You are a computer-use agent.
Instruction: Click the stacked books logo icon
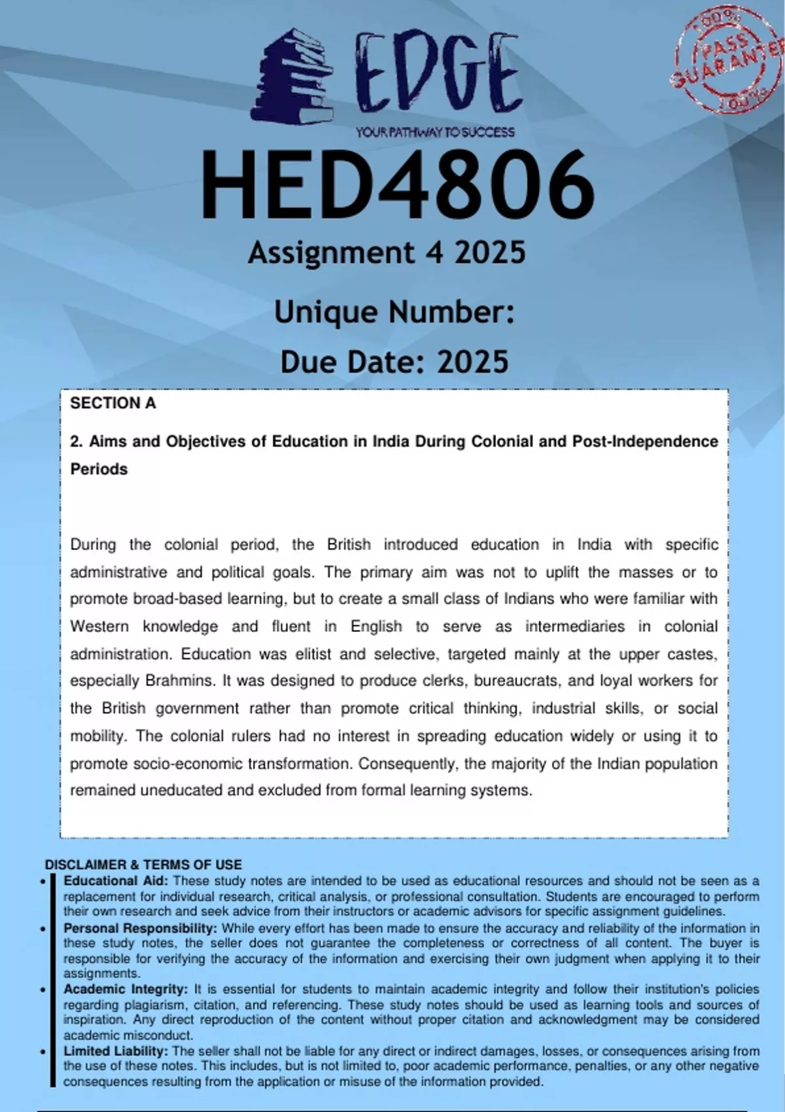293,77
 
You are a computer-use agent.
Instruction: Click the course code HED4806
397,185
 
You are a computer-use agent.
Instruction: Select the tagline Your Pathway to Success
435,132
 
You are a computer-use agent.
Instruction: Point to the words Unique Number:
394,312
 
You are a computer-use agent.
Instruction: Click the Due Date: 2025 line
394,362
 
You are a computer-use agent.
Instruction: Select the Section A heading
113,403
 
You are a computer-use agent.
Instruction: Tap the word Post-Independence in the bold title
645,442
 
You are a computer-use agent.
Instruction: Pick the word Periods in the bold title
99,469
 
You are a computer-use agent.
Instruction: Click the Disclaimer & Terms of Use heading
143,864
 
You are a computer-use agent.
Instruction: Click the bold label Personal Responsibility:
140,928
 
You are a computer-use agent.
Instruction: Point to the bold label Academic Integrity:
126,989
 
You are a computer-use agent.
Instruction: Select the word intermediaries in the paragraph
574,627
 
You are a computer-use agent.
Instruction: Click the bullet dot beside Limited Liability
43,1052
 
